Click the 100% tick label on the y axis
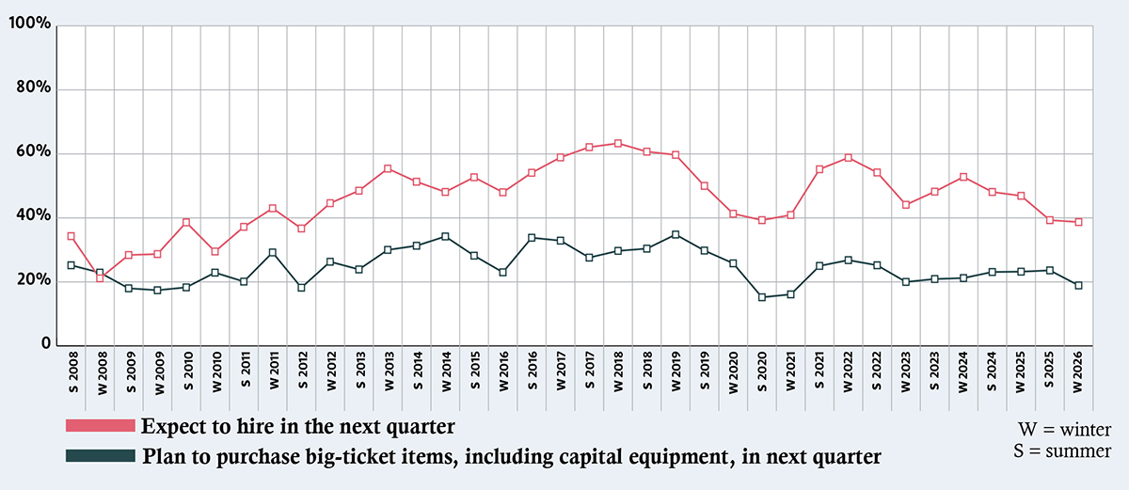(28, 23)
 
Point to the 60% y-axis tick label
(33, 153)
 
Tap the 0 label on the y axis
(45, 345)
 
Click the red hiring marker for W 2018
(618, 144)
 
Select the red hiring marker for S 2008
(72, 236)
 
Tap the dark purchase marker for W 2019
(676, 234)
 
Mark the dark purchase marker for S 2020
(762, 297)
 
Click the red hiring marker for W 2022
(849, 158)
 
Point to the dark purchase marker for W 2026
(1079, 285)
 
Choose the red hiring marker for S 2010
(186, 223)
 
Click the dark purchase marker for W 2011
(273, 253)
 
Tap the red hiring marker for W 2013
(388, 169)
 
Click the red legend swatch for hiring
(101, 427)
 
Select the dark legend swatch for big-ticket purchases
(101, 456)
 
